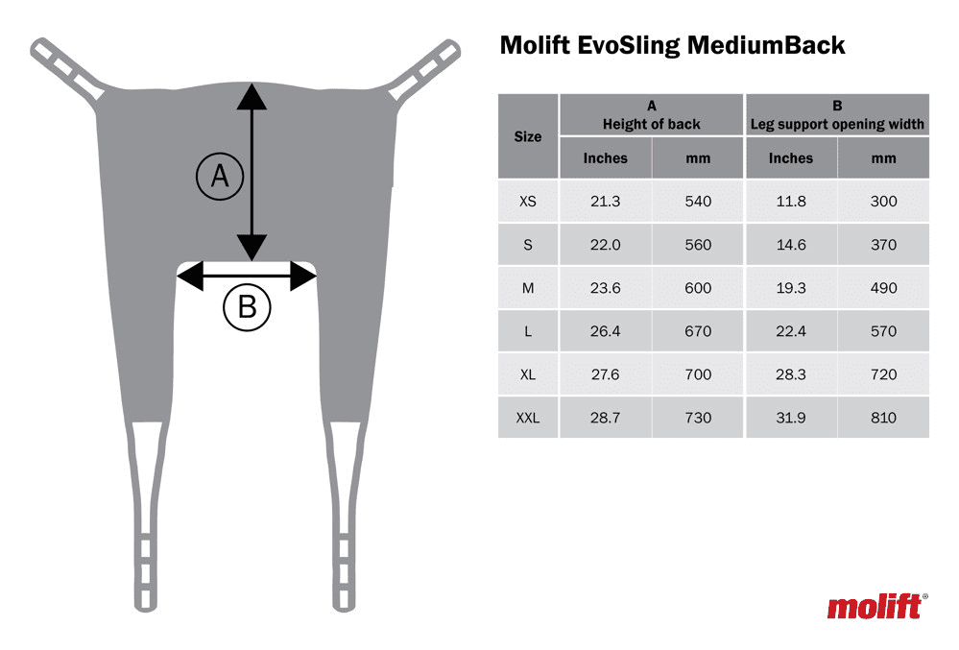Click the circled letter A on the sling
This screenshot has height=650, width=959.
(x=220, y=177)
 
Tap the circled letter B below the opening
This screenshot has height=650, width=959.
(x=247, y=307)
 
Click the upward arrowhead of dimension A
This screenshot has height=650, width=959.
(x=252, y=97)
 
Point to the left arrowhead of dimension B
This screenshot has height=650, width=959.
(x=190, y=276)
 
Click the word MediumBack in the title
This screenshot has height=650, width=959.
(x=766, y=45)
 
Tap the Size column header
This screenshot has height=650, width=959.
(x=528, y=136)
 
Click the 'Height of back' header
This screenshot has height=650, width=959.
(x=652, y=124)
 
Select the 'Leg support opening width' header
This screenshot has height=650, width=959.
(x=837, y=124)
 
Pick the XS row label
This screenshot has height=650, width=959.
(x=528, y=202)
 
